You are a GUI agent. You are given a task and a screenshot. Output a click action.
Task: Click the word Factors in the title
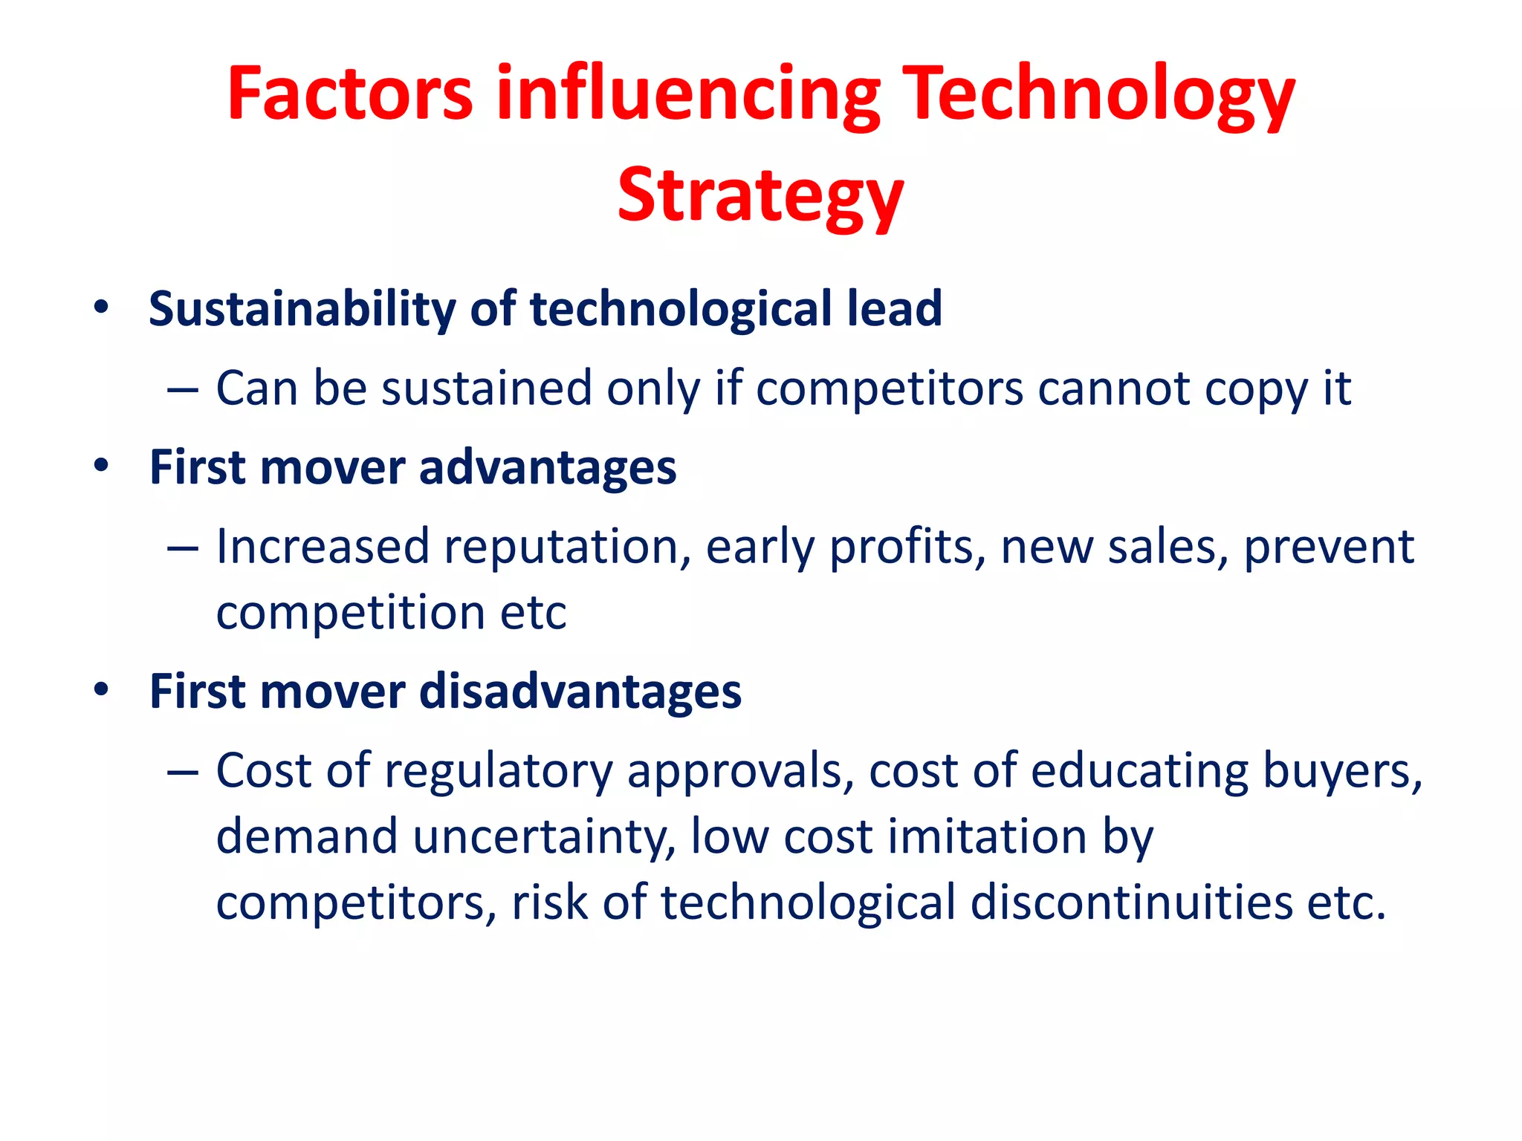(x=349, y=94)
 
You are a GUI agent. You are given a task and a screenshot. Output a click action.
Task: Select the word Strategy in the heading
(x=760, y=195)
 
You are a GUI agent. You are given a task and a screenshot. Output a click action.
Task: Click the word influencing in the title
(x=688, y=94)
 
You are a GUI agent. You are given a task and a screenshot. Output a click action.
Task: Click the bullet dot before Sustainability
(x=101, y=307)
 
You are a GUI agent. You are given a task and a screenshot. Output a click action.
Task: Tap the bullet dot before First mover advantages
(x=101, y=466)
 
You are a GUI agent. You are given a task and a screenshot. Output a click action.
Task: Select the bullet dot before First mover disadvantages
(x=101, y=690)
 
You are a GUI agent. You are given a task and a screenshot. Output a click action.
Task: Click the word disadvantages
(x=580, y=691)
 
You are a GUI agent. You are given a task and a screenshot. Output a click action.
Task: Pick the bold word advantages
(x=548, y=467)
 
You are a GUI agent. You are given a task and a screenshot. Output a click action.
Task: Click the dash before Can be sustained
(x=183, y=389)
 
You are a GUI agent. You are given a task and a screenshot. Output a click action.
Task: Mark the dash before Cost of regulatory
(x=183, y=773)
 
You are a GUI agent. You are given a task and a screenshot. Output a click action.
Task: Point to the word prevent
(x=1329, y=547)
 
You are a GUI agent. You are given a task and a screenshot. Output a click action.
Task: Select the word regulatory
(x=498, y=773)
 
